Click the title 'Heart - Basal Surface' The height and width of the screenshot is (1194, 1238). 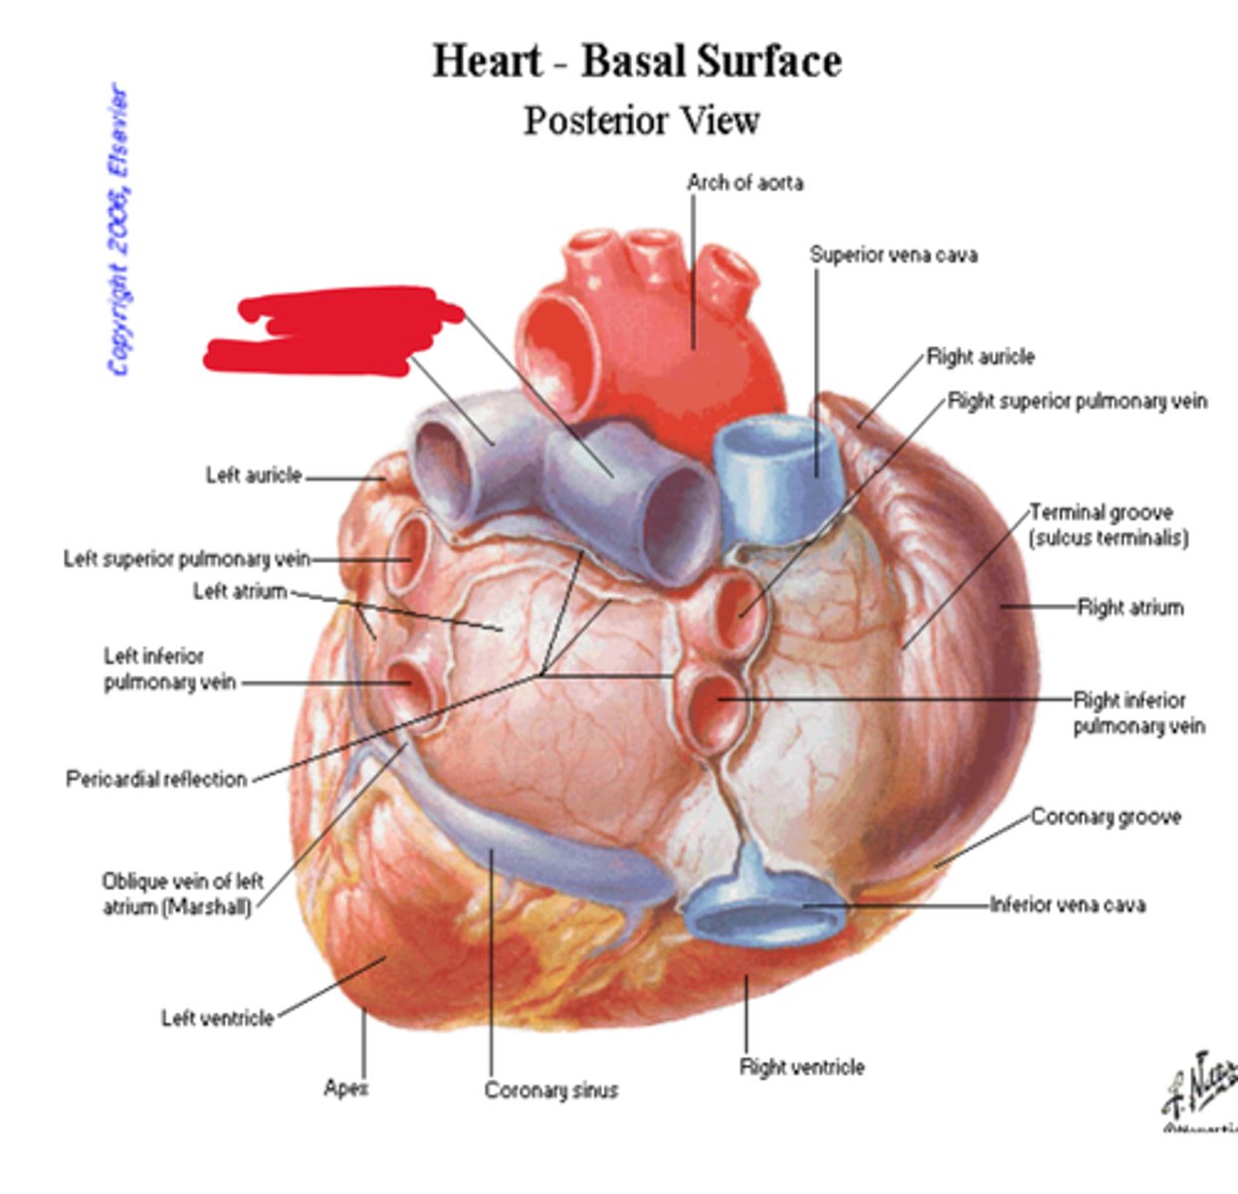(x=637, y=62)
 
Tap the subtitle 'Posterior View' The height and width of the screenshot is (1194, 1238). (x=642, y=121)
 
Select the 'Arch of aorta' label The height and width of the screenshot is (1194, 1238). (x=744, y=183)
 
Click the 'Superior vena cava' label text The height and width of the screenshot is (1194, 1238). (x=893, y=256)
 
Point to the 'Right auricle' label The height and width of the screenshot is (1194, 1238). (x=980, y=357)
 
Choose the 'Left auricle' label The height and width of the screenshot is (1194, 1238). (x=254, y=476)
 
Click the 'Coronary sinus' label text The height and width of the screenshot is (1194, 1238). (x=551, y=1091)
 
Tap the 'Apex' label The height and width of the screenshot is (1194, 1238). (x=345, y=1089)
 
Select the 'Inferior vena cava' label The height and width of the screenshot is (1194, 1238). (x=1067, y=905)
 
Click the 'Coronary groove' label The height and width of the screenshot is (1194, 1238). (x=1106, y=818)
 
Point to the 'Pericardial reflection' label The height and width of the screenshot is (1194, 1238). (x=156, y=779)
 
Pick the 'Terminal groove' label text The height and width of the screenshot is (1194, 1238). (x=1101, y=513)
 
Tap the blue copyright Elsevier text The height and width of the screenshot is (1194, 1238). (x=118, y=229)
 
